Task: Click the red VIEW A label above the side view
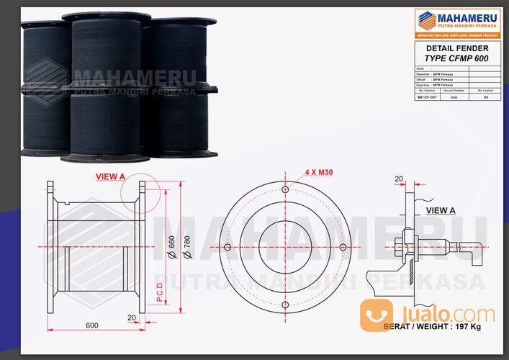point(110,175)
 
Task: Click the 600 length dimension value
point(92,325)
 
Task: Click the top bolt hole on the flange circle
point(286,189)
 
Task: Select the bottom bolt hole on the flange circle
point(286,305)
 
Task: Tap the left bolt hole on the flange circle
point(228,248)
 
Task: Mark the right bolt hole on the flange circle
point(343,248)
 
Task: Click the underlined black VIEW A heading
point(441,210)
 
